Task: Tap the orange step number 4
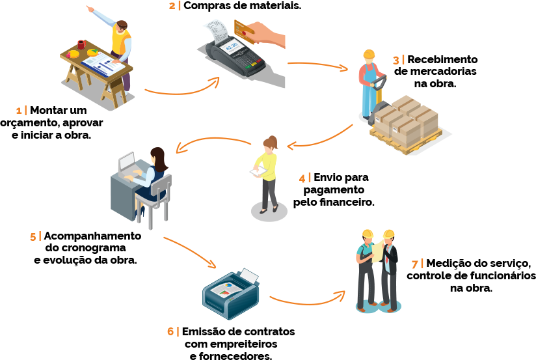[302, 177]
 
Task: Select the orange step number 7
[415, 264]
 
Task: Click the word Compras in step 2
[207, 6]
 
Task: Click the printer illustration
[231, 294]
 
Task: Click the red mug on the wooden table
[81, 44]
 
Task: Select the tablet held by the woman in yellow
[256, 173]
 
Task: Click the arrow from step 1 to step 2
[182, 89]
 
